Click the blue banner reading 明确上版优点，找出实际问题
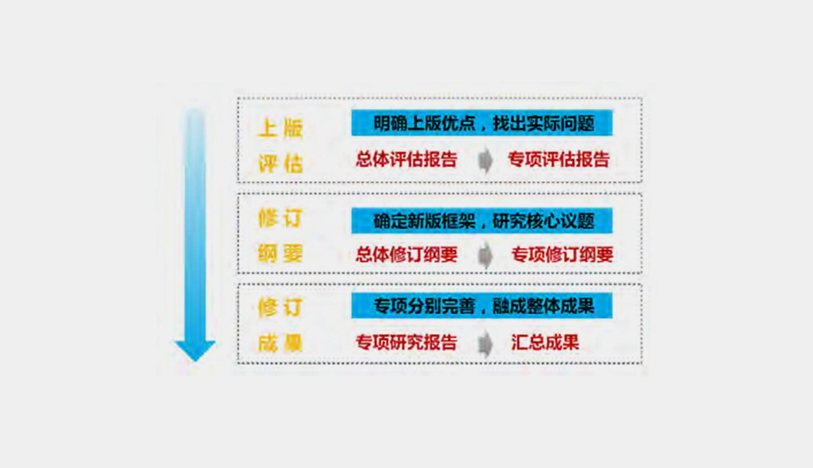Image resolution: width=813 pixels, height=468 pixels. [481, 123]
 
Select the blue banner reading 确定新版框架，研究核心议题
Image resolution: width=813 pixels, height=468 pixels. [481, 221]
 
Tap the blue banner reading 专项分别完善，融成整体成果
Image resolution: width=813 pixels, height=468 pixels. [481, 306]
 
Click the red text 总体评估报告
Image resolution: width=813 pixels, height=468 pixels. [406, 160]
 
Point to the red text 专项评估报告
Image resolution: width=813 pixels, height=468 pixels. [558, 160]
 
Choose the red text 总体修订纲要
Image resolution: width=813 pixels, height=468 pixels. [406, 255]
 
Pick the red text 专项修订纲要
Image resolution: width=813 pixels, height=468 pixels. [562, 255]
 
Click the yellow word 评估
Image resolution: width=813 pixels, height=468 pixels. [280, 164]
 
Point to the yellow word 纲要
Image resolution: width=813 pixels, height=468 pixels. [280, 254]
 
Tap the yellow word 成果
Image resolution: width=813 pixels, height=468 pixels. [280, 343]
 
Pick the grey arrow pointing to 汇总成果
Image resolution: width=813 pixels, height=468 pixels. [485, 343]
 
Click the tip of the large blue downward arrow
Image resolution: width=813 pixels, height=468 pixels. [195, 359]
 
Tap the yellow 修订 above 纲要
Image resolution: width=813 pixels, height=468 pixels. [280, 218]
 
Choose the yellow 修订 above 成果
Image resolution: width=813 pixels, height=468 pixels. [280, 307]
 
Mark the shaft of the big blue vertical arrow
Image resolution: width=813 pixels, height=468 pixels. [195, 222]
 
